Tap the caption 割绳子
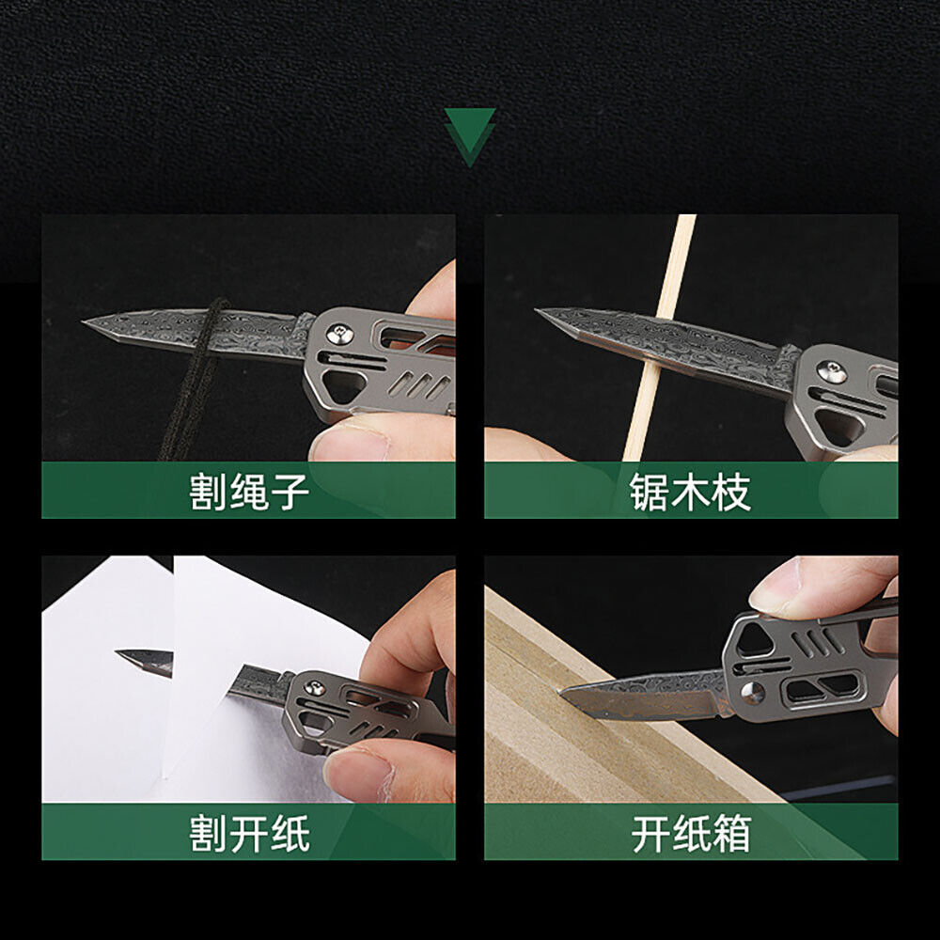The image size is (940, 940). (x=249, y=492)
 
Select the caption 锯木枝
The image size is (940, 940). (x=691, y=492)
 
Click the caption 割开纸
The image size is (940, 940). (x=249, y=833)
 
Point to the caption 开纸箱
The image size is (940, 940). (x=691, y=833)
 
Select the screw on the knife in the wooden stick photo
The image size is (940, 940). (x=833, y=372)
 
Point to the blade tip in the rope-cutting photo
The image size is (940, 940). (x=84, y=322)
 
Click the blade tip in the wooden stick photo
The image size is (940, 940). (x=537, y=310)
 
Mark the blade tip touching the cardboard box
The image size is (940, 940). (x=561, y=694)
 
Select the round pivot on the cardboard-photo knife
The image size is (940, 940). (x=753, y=693)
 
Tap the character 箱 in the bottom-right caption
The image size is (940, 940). (x=732, y=833)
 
